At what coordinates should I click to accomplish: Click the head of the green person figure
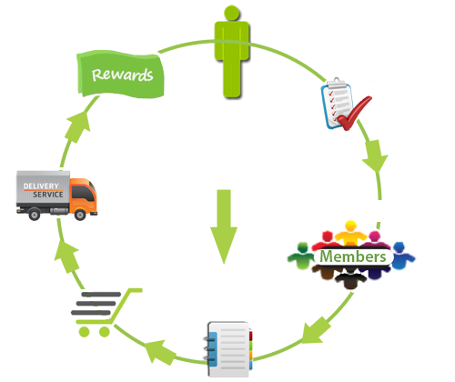232,13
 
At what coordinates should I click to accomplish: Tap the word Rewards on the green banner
122,75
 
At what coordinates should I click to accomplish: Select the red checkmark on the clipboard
354,113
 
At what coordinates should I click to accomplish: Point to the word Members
353,256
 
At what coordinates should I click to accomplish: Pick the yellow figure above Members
350,232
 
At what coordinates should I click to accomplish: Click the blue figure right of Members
401,256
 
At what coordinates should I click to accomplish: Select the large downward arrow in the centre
224,226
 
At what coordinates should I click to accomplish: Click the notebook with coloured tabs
229,349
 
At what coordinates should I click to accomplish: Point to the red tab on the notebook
250,336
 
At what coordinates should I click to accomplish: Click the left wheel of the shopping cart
84,332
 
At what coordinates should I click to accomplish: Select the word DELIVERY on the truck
41,186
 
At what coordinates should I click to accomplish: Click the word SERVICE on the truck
48,195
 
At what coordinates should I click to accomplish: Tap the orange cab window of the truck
83,193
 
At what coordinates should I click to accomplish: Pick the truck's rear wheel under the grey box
35,215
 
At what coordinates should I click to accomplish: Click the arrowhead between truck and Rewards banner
78,126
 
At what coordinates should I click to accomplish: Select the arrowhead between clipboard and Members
375,156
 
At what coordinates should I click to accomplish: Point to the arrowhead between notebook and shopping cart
159,352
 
